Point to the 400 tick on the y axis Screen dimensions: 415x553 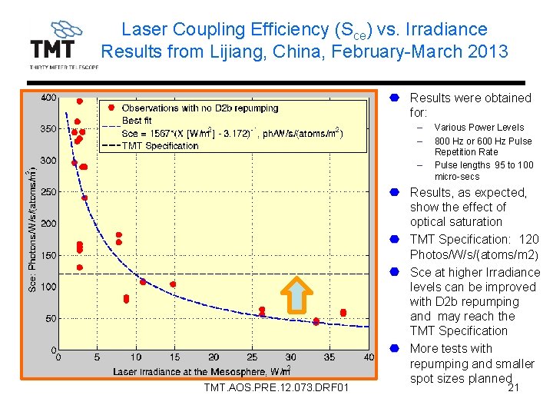[x=48, y=98]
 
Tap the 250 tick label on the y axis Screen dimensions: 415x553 [x=48, y=192]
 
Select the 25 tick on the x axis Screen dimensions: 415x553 [x=253, y=357]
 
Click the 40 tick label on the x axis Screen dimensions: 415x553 [x=369, y=357]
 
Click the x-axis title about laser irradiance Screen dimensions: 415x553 [x=201, y=371]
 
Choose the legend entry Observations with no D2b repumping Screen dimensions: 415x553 [x=200, y=108]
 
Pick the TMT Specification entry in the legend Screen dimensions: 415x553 [x=160, y=145]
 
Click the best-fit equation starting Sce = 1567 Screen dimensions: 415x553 [x=230, y=133]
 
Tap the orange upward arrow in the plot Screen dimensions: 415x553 [x=296, y=295]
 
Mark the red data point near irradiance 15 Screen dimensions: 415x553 [x=173, y=284]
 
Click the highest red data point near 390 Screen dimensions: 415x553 [x=79, y=101]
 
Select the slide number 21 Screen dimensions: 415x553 [x=514, y=387]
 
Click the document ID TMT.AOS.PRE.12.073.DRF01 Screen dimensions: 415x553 [x=276, y=387]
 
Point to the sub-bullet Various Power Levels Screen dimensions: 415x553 [x=478, y=128]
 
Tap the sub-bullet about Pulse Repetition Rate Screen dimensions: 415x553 [x=482, y=146]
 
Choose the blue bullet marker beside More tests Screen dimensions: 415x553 [x=393, y=348]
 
